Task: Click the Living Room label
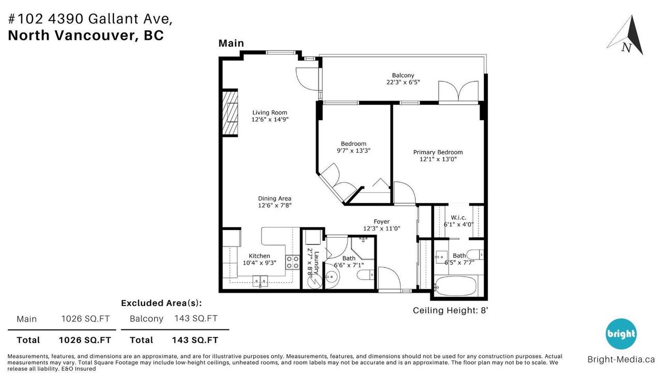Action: [x=270, y=112]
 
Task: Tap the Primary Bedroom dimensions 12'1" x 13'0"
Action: [x=438, y=159]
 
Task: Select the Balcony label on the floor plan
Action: [x=403, y=76]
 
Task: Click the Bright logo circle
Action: [x=621, y=334]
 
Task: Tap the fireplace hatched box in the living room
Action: [x=230, y=112]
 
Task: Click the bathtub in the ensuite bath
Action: [x=455, y=286]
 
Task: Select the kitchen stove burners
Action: [x=293, y=262]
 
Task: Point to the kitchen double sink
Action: [x=260, y=281]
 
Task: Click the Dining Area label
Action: [x=275, y=198]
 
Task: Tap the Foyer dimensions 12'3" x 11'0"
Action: [x=382, y=228]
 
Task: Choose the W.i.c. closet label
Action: [x=458, y=218]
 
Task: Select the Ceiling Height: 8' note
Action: [x=450, y=310]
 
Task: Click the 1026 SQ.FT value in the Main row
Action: [x=85, y=319]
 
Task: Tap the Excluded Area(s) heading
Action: [x=161, y=303]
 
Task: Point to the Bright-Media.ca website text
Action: [x=621, y=360]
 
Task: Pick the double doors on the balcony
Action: [x=458, y=91]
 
